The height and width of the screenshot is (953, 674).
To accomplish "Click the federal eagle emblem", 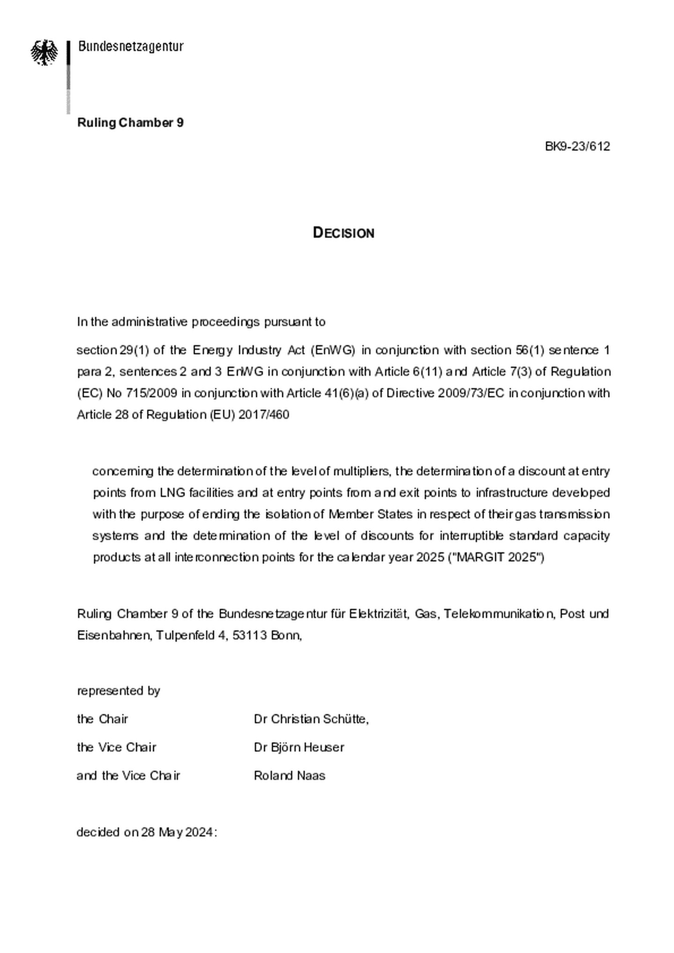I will [44, 52].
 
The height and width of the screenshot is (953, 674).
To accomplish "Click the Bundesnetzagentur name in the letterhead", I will [131, 47].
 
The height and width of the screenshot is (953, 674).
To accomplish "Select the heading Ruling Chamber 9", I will [130, 123].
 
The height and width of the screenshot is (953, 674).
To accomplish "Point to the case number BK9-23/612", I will [577, 146].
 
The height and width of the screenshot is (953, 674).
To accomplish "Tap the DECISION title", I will [344, 233].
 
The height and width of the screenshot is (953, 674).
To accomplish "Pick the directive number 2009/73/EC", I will [471, 393].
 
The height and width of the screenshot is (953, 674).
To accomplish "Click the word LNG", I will [169, 493].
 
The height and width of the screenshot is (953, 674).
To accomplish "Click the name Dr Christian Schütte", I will [310, 719].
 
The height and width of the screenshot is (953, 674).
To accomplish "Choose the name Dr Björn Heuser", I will [299, 747].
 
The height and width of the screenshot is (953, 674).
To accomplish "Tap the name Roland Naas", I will [289, 776].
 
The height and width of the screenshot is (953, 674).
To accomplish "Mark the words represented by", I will [118, 691].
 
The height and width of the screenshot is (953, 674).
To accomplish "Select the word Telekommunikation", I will [498, 614].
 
